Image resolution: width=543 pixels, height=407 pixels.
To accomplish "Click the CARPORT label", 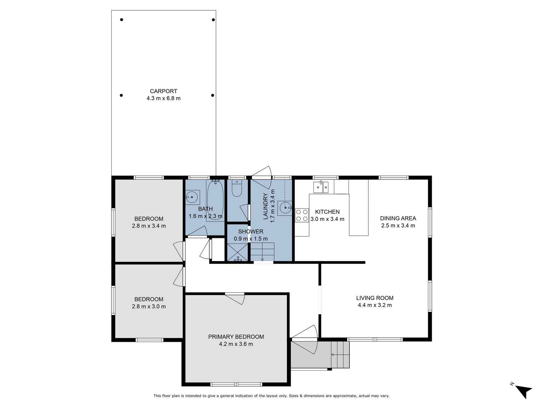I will (x=163, y=91).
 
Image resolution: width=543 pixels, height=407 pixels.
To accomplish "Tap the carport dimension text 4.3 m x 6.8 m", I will (x=163, y=98).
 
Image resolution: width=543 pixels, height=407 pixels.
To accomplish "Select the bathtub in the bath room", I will (x=215, y=200).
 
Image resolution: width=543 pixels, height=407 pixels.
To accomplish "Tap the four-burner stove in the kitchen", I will (x=302, y=215).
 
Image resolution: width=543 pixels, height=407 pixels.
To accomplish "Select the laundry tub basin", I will (x=285, y=208).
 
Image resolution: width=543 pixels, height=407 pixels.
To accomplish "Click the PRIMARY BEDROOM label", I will (x=236, y=337).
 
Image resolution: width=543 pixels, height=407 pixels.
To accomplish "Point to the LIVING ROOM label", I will (x=375, y=298).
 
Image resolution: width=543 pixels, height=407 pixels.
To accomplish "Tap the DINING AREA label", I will (x=398, y=218).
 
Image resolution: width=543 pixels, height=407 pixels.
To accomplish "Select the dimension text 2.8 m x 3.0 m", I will (x=149, y=306).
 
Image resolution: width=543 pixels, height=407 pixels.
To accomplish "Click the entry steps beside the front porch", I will (x=340, y=355).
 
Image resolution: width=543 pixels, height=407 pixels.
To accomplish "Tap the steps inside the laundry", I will (x=262, y=251).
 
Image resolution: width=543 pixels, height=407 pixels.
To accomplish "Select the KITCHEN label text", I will (x=327, y=212).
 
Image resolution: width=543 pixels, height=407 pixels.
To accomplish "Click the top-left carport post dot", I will (x=121, y=20).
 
